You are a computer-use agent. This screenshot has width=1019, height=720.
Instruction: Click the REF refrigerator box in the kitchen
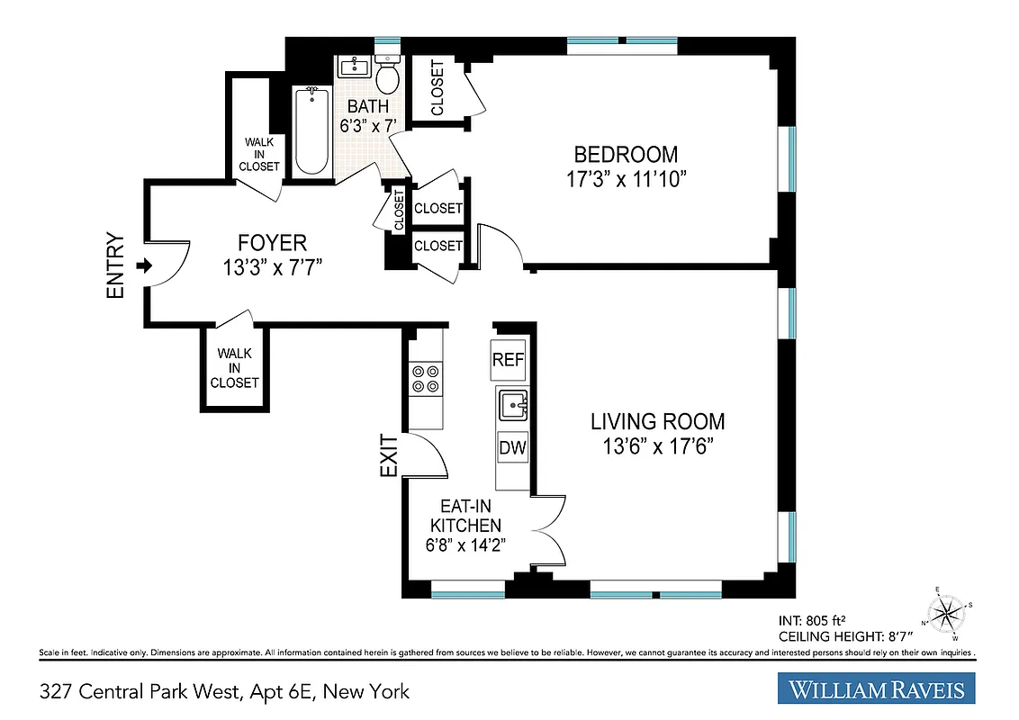[508, 360]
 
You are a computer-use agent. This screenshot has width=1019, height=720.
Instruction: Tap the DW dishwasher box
[511, 447]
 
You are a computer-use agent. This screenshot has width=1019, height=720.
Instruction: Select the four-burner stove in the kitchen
[425, 378]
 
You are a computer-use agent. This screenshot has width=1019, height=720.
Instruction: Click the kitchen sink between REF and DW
[513, 406]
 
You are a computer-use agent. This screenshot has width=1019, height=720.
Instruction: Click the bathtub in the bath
[311, 131]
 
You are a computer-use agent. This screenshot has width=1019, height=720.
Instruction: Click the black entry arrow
[141, 266]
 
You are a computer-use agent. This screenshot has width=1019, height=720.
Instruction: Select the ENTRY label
[115, 266]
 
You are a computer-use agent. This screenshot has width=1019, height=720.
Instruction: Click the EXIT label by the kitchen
[388, 454]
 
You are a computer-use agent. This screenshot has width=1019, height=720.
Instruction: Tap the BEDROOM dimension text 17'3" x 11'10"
[627, 180]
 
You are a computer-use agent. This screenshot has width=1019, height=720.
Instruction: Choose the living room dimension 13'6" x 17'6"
[657, 447]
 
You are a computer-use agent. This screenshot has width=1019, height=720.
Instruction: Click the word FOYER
[272, 243]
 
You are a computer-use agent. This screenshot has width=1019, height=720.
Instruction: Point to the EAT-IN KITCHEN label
[465, 517]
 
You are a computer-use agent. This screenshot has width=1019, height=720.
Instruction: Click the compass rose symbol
[944, 614]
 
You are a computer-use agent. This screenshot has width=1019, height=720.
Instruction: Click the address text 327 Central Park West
[149, 691]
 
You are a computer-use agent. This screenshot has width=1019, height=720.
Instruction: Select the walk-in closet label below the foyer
[234, 368]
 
